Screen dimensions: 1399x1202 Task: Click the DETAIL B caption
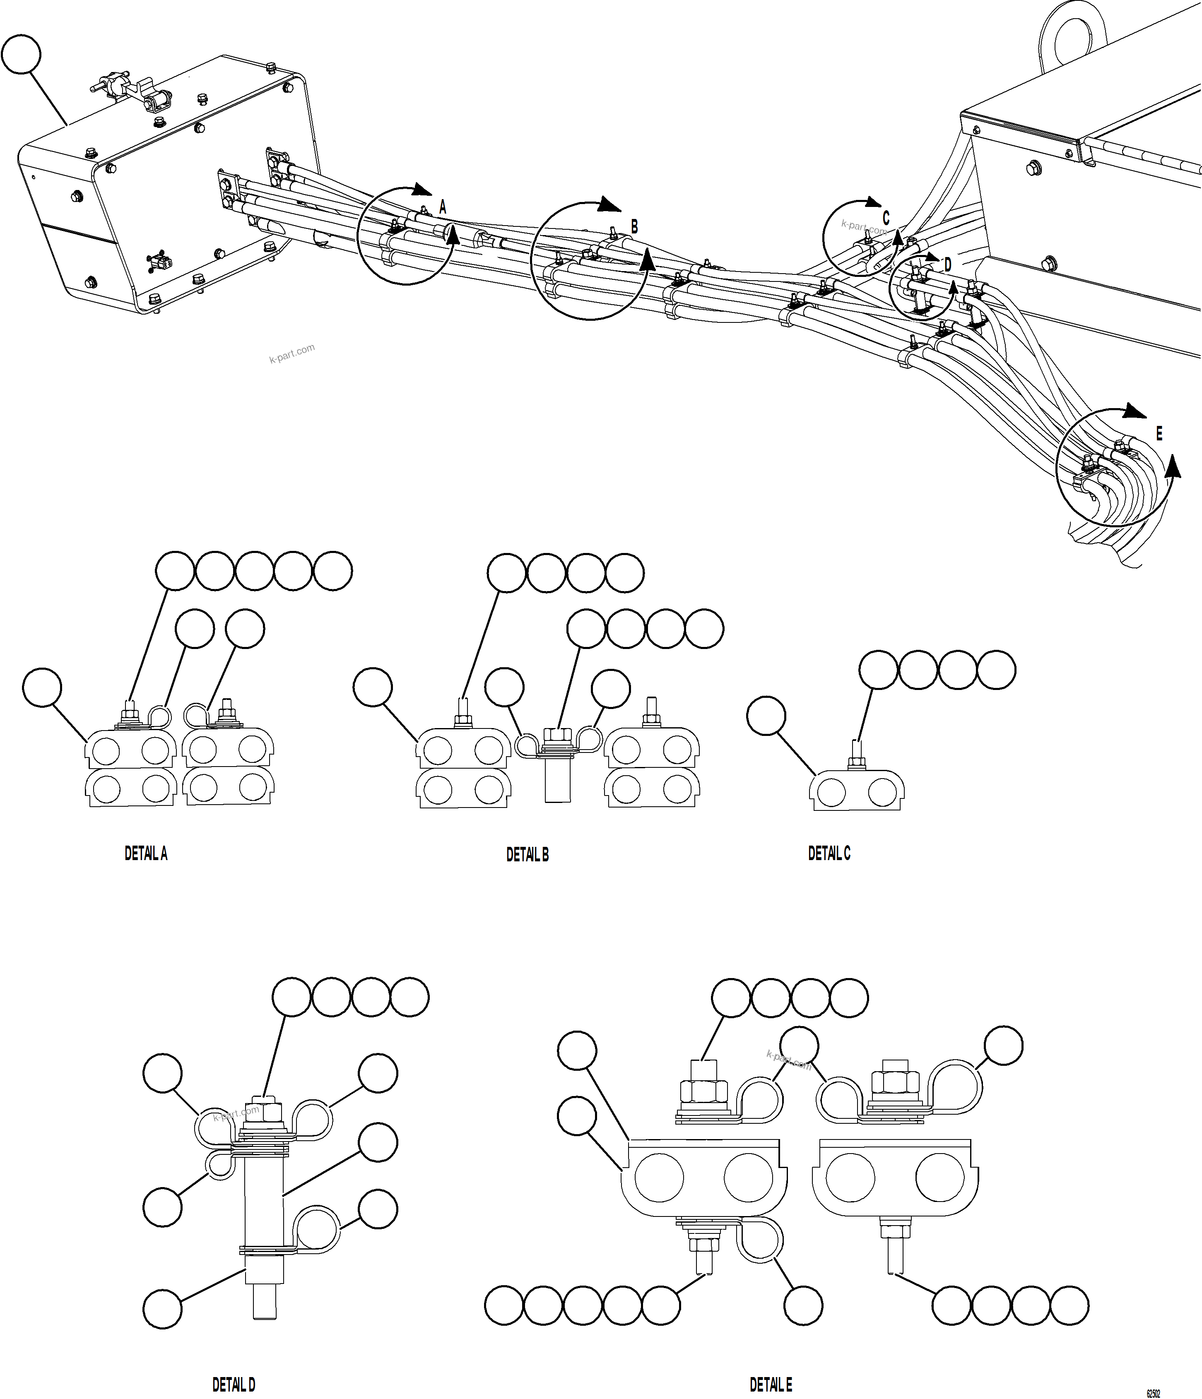click(x=528, y=855)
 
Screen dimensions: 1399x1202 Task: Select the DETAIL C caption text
click(x=829, y=853)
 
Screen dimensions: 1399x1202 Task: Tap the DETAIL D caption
click(x=234, y=1385)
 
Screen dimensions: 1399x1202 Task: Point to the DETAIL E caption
click(x=771, y=1385)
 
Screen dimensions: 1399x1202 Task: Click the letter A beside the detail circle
click(x=443, y=207)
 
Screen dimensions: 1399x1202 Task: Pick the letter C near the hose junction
click(x=886, y=218)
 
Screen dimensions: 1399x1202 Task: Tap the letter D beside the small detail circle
click(x=947, y=265)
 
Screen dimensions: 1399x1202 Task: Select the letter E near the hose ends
click(x=1159, y=433)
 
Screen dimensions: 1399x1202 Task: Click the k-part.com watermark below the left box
click(x=292, y=353)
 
